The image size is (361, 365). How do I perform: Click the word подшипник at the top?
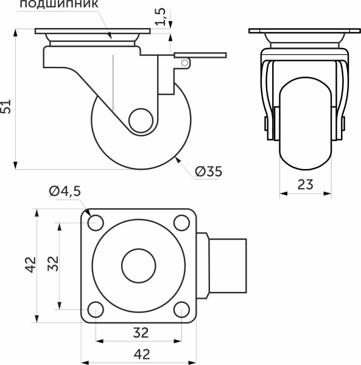[x=59, y=4]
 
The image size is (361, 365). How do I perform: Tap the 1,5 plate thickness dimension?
[x=161, y=17]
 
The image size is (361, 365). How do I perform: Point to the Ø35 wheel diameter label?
[x=209, y=172]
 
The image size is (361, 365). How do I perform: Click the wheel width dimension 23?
[x=306, y=184]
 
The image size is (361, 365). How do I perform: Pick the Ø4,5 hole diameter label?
[x=65, y=192]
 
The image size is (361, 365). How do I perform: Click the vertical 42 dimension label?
[x=30, y=265]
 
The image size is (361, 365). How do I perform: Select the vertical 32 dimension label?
[x=53, y=264]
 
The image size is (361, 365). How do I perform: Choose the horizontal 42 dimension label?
[x=142, y=354]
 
